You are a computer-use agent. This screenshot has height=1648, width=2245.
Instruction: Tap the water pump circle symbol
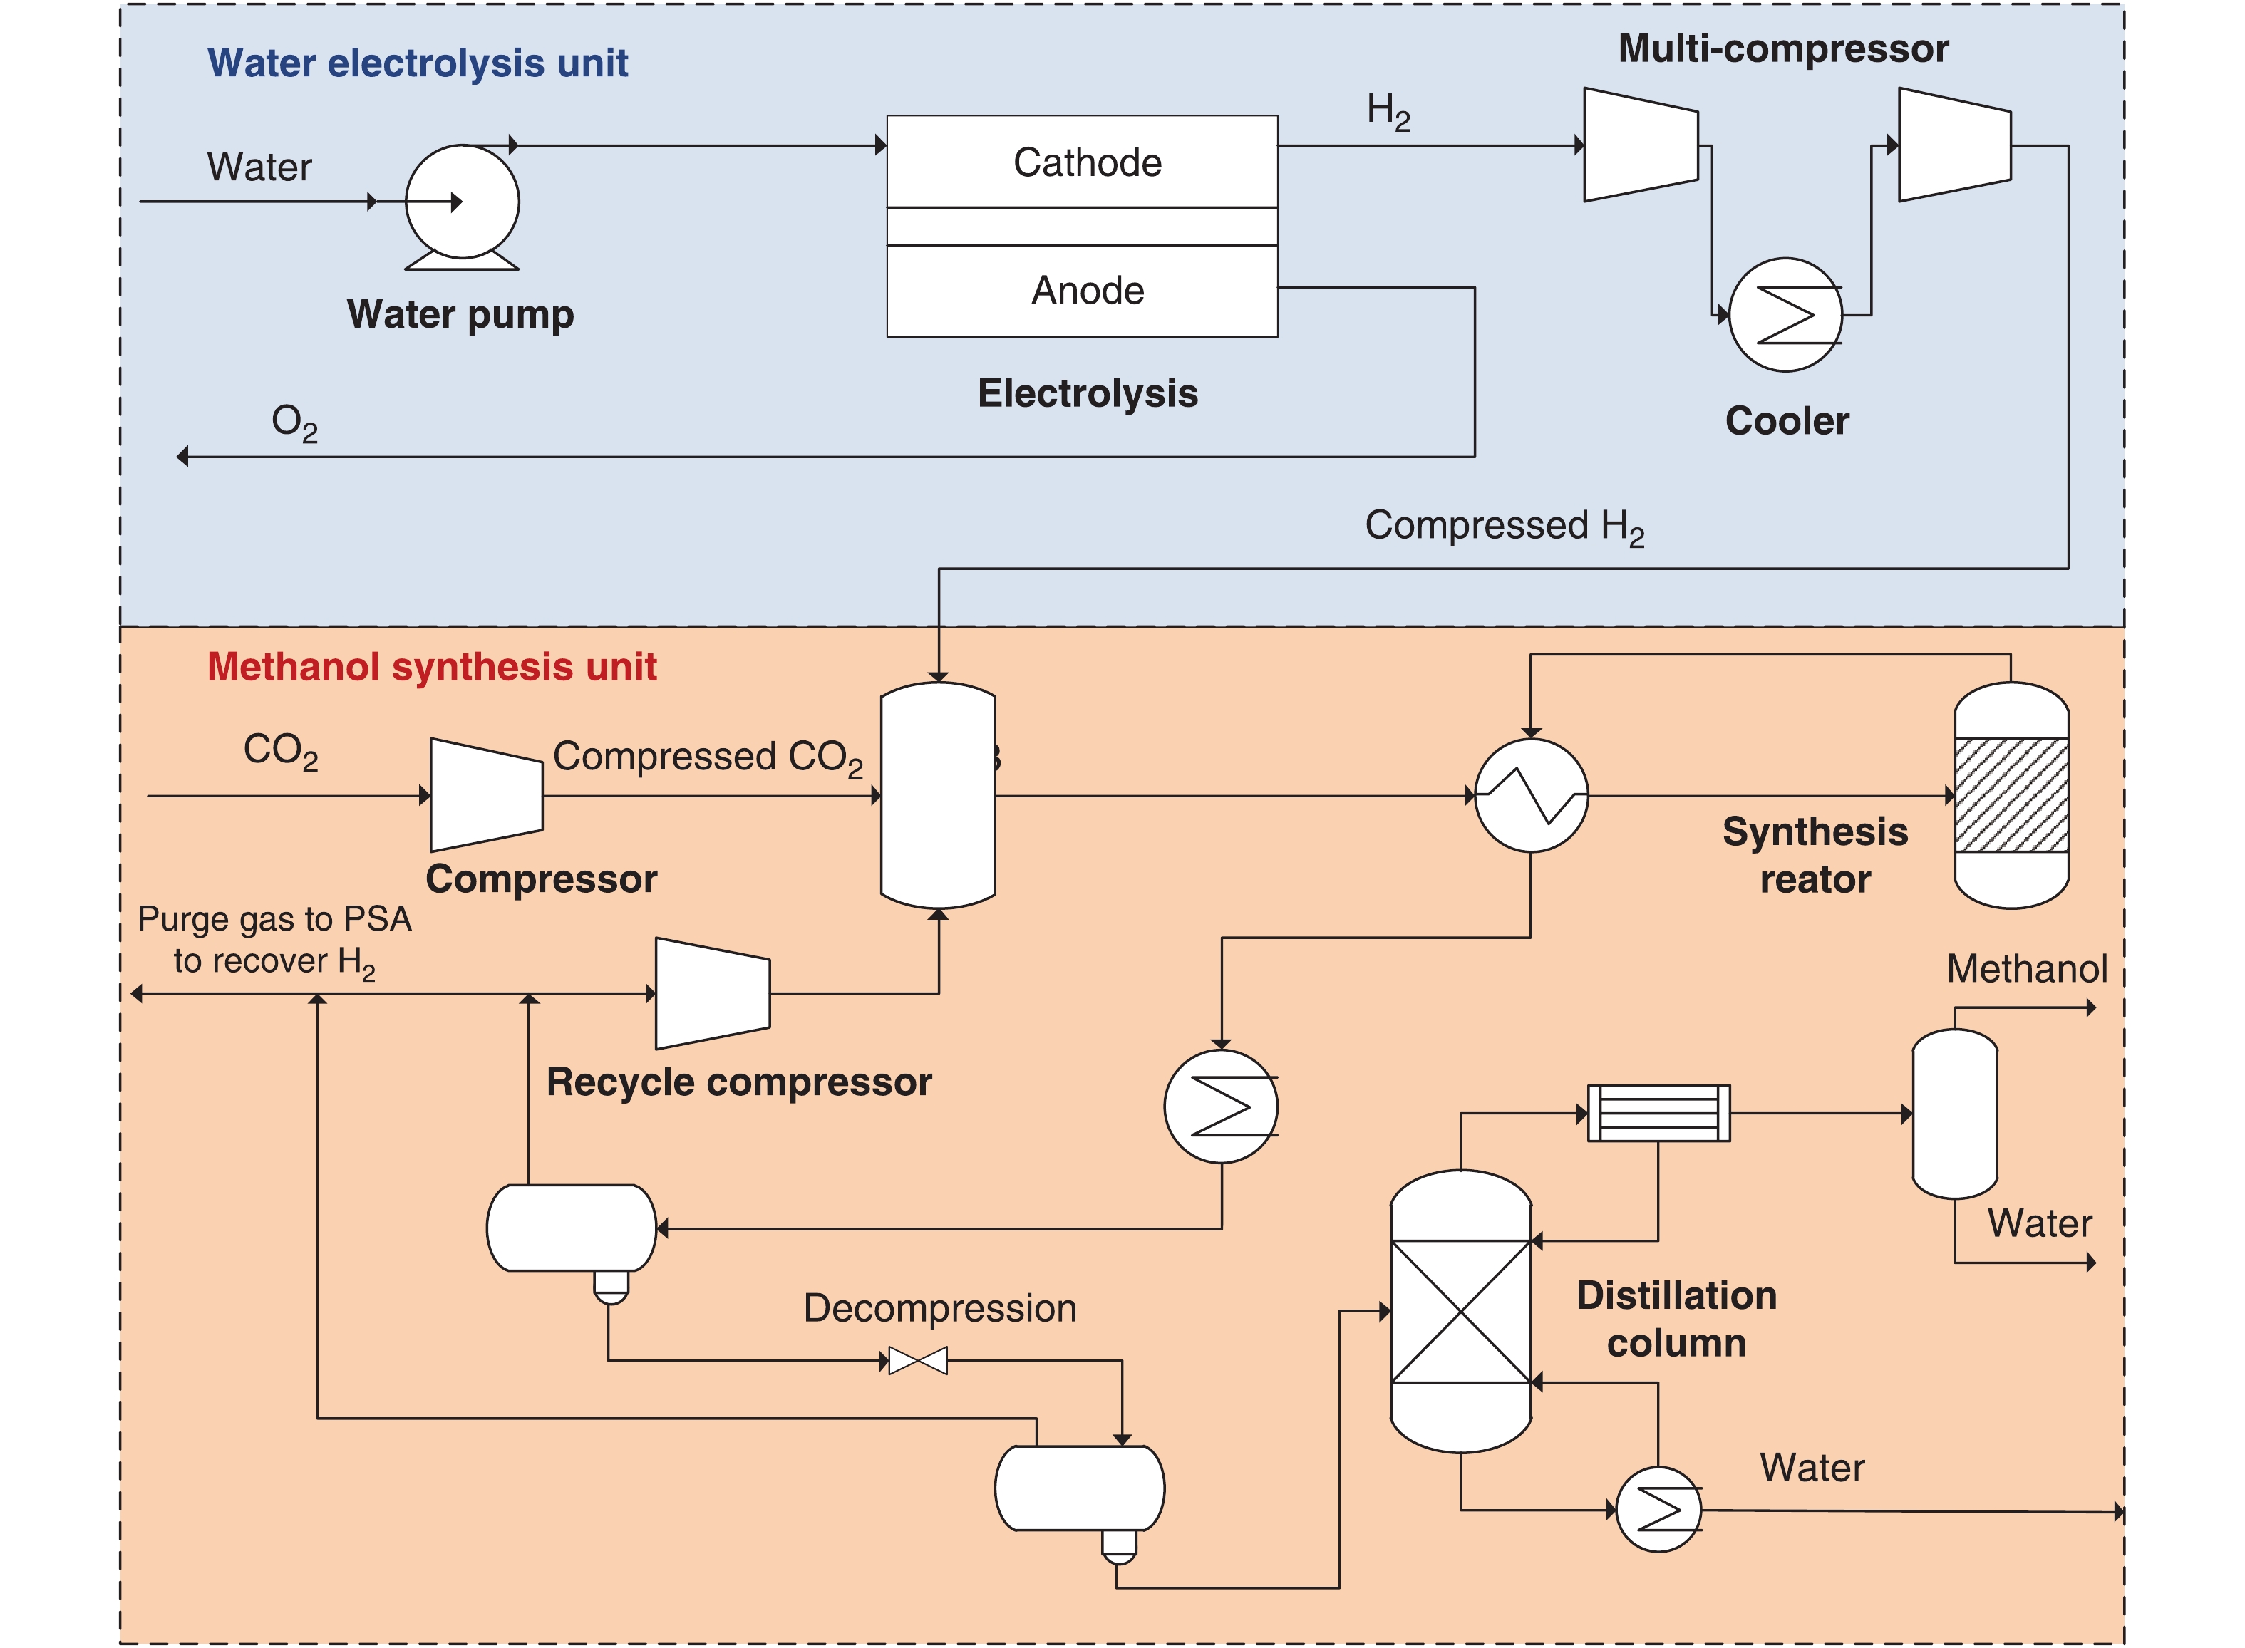point(462,202)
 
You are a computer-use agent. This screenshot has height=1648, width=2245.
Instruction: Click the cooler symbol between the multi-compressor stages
point(1785,315)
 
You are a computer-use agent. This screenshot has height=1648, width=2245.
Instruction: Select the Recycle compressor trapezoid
point(713,994)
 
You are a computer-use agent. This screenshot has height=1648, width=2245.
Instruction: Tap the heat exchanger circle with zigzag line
point(1531,795)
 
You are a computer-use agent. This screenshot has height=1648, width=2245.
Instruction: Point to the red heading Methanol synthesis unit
point(431,666)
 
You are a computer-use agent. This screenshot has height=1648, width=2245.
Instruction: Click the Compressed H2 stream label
point(1504,526)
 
